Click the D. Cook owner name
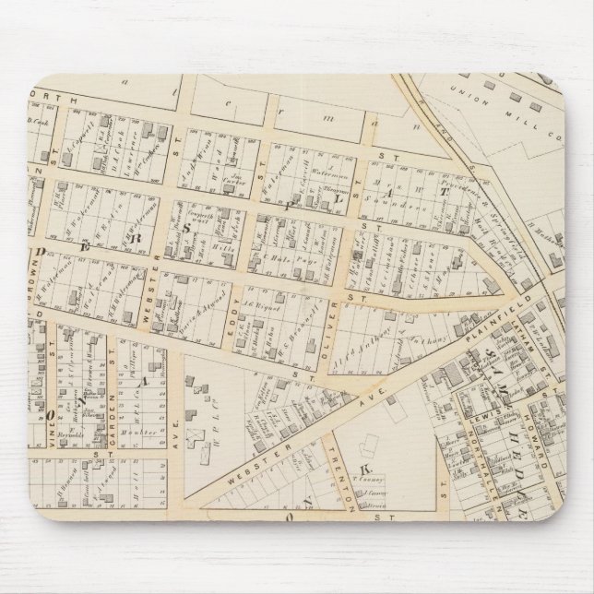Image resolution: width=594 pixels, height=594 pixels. (38, 122)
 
